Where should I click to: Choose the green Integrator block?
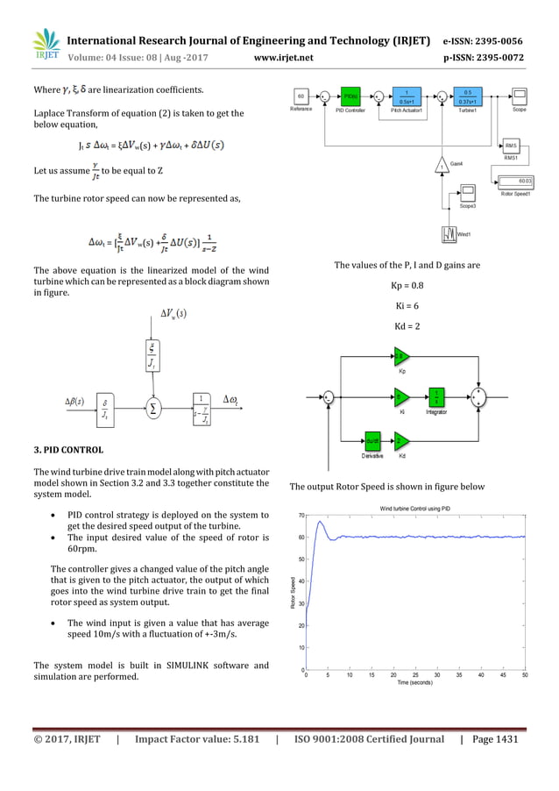[435, 397]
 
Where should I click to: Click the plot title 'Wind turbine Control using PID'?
[414, 509]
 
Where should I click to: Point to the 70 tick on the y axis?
[300, 516]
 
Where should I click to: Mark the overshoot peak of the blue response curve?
[321, 522]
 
